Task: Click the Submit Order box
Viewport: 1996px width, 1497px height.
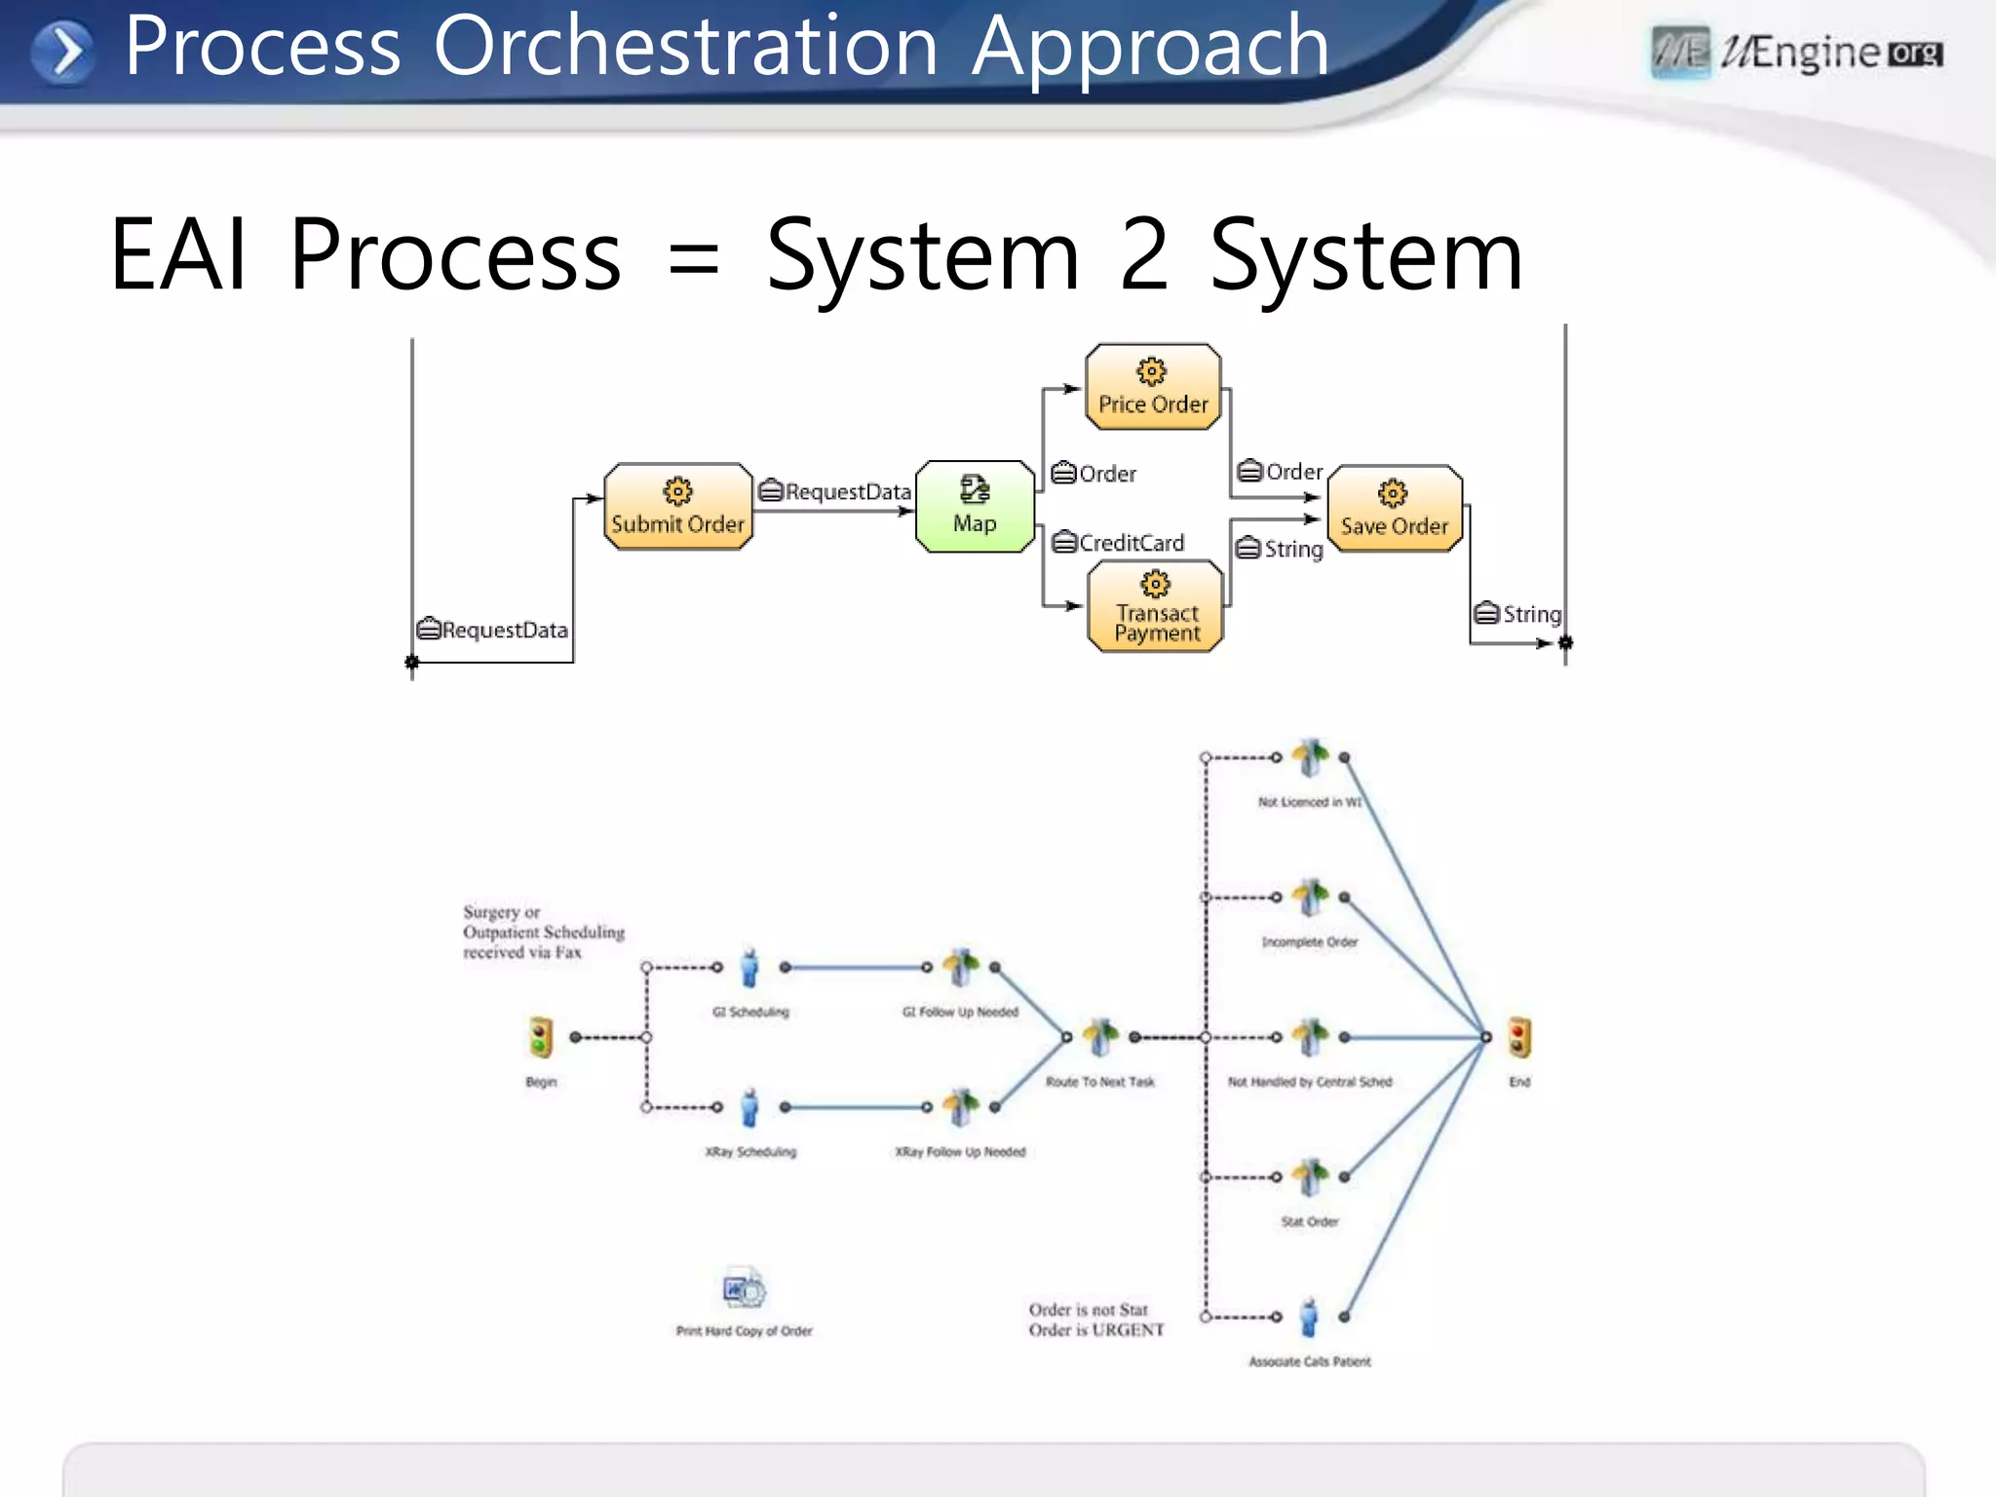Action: (x=677, y=507)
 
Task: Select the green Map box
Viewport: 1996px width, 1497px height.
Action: (x=975, y=507)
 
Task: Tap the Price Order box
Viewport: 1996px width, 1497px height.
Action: (x=1153, y=387)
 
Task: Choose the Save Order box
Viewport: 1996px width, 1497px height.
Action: (x=1395, y=509)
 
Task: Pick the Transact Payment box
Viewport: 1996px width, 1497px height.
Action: (x=1156, y=606)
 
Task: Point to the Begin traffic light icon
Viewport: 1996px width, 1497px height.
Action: (x=541, y=1037)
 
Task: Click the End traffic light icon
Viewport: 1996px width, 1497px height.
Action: (x=1519, y=1037)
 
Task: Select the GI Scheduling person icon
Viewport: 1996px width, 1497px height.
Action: (x=749, y=968)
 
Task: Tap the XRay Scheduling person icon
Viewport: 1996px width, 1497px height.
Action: (x=749, y=1108)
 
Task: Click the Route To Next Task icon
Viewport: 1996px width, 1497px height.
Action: (x=1100, y=1037)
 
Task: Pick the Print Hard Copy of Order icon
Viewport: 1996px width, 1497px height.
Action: (x=745, y=1290)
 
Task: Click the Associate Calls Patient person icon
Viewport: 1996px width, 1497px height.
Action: (x=1309, y=1318)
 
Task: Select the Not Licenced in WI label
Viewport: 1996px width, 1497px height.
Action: (x=1309, y=802)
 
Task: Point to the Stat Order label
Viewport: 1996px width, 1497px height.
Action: (x=1309, y=1222)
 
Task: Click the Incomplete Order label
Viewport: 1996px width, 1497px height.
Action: (x=1309, y=942)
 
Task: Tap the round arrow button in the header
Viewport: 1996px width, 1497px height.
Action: (x=63, y=51)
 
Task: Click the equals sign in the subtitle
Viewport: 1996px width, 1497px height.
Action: (x=693, y=259)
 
